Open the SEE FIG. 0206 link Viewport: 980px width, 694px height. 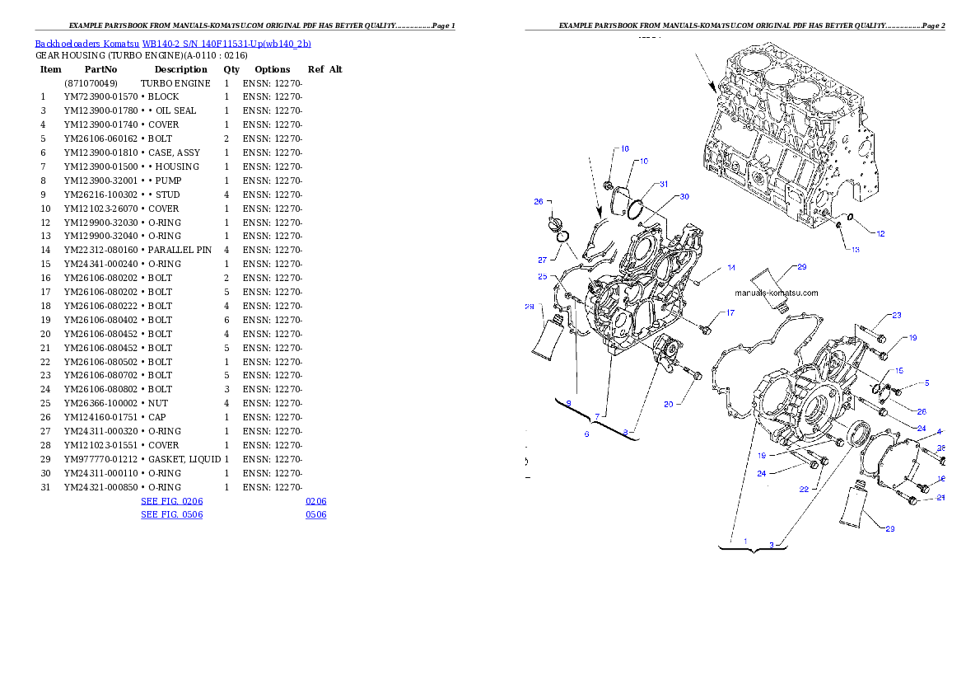(171, 500)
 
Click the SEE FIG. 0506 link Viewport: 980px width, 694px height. (171, 514)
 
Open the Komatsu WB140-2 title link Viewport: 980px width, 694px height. (173, 44)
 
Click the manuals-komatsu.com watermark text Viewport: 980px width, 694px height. (777, 293)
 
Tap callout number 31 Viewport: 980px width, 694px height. (663, 184)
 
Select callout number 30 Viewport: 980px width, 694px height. (684, 197)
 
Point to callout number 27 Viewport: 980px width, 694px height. (543, 260)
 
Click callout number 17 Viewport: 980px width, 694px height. (730, 313)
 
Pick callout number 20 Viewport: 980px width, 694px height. (669, 404)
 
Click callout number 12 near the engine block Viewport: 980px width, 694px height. (880, 234)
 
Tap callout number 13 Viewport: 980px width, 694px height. (855, 250)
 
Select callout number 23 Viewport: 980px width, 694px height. (896, 316)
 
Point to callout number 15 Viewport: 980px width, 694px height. (899, 371)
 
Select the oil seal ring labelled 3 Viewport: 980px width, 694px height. (858, 433)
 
